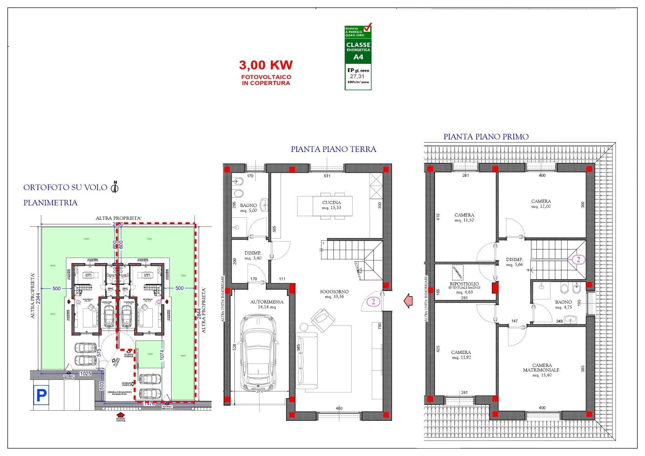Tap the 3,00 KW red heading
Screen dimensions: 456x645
265,65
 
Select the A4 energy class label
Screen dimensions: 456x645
358,57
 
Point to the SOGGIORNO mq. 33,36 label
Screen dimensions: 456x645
334,294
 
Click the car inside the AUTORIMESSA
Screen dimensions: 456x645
259,353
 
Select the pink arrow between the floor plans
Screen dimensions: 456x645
408,300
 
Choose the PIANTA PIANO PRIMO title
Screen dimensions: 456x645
486,137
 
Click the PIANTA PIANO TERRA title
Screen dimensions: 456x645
333,149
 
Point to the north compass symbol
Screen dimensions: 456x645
115,187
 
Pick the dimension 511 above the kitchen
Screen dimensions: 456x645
327,176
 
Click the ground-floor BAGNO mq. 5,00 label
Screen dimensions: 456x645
248,208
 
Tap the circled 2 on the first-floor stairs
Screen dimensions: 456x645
578,259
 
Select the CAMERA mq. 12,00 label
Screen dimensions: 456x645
541,204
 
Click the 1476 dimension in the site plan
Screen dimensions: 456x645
149,404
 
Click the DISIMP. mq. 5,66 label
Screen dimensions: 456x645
514,262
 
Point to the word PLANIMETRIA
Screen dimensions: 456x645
50,203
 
